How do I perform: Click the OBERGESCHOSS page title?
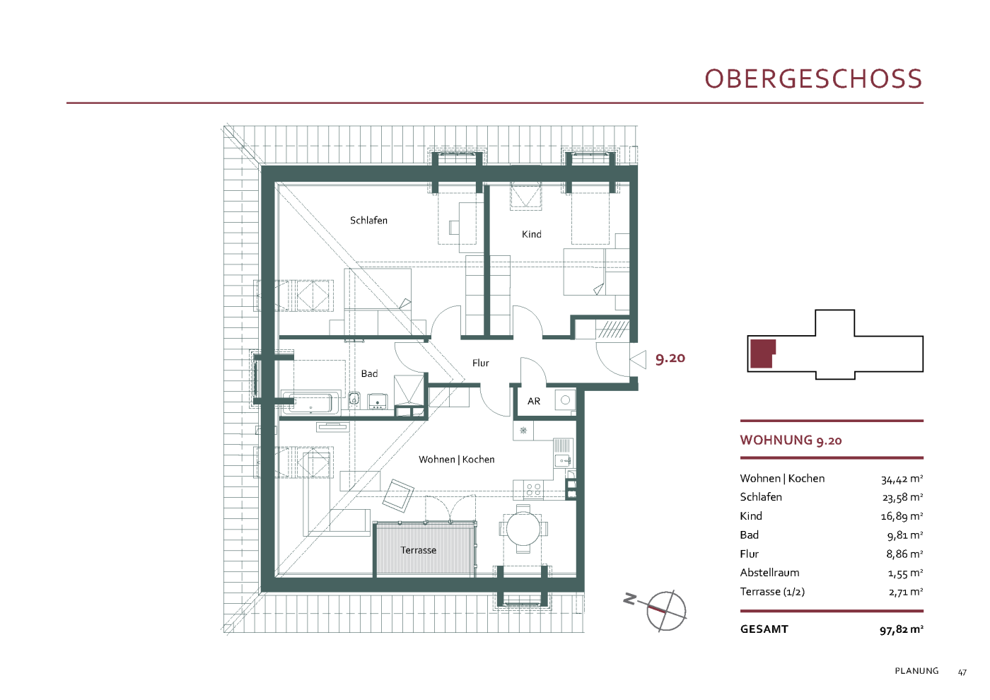pyautogui.click(x=813, y=78)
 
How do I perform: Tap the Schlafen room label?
pyautogui.click(x=368, y=220)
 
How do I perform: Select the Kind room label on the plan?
pyautogui.click(x=531, y=234)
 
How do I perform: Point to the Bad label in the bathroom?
pyautogui.click(x=369, y=373)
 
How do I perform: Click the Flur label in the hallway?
pyautogui.click(x=480, y=363)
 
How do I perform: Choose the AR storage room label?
pyautogui.click(x=533, y=401)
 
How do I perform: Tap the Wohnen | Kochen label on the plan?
pyautogui.click(x=457, y=459)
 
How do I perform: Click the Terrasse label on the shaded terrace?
pyautogui.click(x=418, y=550)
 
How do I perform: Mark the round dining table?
pyautogui.click(x=523, y=529)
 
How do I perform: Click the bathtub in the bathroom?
pyautogui.click(x=310, y=402)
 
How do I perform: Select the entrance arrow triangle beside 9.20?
pyautogui.click(x=638, y=359)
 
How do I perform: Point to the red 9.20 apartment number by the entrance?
pyautogui.click(x=670, y=358)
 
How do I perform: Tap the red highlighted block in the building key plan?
pyautogui.click(x=762, y=354)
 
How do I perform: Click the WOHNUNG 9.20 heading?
pyautogui.click(x=791, y=440)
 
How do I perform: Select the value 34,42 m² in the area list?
pyautogui.click(x=902, y=479)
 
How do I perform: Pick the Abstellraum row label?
pyautogui.click(x=769, y=572)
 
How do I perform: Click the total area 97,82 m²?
pyautogui.click(x=901, y=629)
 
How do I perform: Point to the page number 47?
pyautogui.click(x=962, y=672)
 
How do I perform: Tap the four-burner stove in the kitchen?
pyautogui.click(x=533, y=489)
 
